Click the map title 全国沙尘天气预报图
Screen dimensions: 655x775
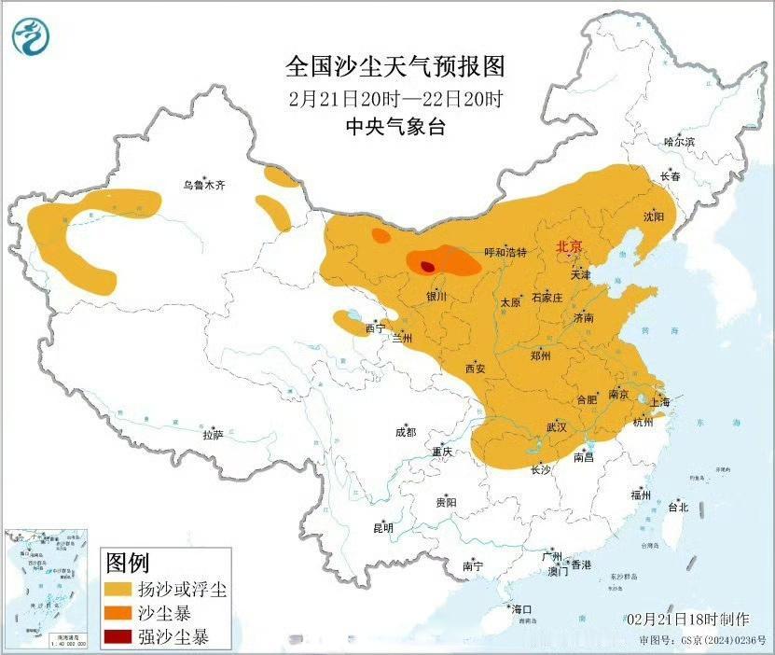[x=394, y=67]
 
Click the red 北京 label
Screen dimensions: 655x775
[x=569, y=247]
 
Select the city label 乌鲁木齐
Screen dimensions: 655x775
[x=203, y=186]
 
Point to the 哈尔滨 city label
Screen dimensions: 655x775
[x=679, y=142]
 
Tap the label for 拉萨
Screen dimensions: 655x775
[x=213, y=435]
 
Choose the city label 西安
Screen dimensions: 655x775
[x=475, y=368]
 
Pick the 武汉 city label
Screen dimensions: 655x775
[x=556, y=427]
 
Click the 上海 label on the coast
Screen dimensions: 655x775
[x=659, y=402]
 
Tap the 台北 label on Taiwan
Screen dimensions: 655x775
[x=677, y=508]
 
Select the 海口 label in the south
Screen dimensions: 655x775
[x=520, y=609]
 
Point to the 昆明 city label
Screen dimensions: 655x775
[x=382, y=528]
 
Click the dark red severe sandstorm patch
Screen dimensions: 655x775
[x=427, y=266]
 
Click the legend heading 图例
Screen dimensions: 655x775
[x=127, y=563]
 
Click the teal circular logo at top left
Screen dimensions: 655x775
[x=31, y=35]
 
